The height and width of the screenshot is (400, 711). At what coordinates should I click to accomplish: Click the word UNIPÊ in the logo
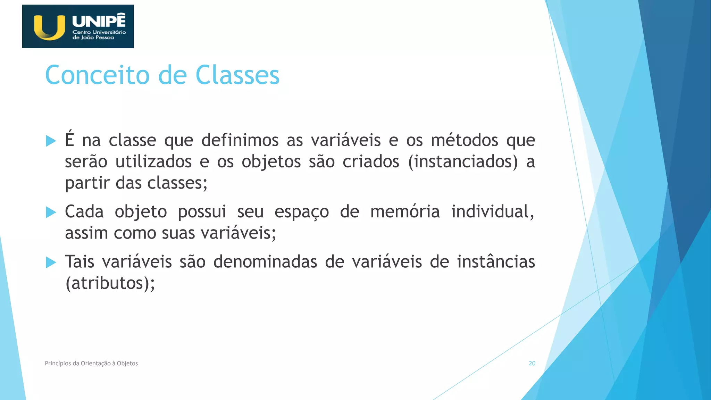(x=99, y=21)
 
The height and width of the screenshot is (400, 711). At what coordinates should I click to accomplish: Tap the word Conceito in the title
(x=97, y=75)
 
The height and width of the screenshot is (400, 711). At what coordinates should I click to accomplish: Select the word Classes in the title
(x=237, y=75)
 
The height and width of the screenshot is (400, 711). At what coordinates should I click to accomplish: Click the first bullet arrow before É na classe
(x=51, y=141)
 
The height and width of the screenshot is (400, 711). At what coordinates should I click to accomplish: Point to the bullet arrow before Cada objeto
(x=51, y=212)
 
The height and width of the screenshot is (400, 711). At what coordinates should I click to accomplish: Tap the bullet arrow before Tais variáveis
(x=51, y=262)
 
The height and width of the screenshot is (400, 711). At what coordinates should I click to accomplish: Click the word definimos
(x=240, y=140)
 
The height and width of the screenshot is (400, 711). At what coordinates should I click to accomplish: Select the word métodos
(x=465, y=140)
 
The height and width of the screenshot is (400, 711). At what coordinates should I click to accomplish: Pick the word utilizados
(x=153, y=162)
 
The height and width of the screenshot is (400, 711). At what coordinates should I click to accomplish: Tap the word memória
(x=405, y=212)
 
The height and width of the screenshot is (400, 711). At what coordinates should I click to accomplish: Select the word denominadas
(x=265, y=262)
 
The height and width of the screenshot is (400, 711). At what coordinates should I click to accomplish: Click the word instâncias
(x=496, y=262)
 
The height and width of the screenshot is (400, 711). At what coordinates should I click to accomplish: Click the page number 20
(x=532, y=363)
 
